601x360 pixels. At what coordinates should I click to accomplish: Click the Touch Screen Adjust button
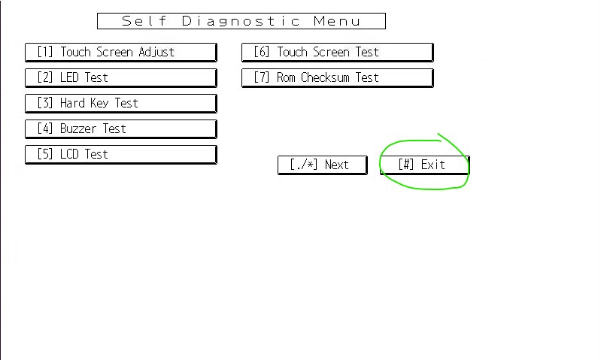tap(120, 52)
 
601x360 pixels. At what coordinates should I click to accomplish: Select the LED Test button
tap(120, 77)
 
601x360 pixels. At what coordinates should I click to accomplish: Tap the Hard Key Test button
tap(120, 103)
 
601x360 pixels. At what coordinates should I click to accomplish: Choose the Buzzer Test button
tap(120, 129)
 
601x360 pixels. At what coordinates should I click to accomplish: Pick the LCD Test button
tap(120, 154)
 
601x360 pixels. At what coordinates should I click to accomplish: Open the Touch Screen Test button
tap(337, 52)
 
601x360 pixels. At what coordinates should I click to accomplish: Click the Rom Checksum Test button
tap(337, 77)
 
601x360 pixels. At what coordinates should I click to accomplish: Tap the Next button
tap(322, 165)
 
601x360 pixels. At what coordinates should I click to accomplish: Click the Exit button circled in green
tap(424, 165)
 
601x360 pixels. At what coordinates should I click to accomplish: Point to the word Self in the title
tap(144, 21)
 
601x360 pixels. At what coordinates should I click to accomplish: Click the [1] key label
tap(45, 52)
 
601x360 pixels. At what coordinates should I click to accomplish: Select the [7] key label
tap(262, 77)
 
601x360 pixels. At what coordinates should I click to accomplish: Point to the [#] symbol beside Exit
tap(406, 165)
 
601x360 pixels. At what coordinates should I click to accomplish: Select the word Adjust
tap(156, 52)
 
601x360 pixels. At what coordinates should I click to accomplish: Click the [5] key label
tap(45, 154)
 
